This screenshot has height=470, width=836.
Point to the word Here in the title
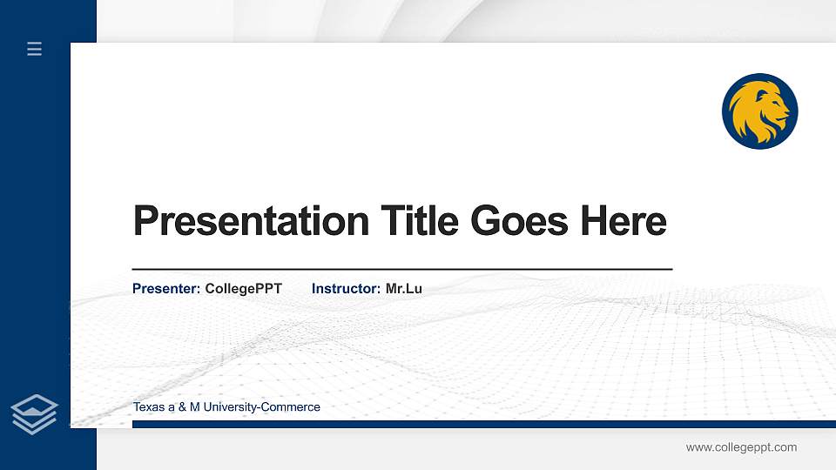(624, 221)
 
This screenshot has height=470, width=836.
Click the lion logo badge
(759, 111)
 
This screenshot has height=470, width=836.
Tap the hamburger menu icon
(35, 49)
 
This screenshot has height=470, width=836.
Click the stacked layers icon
(34, 413)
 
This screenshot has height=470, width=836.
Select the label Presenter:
(166, 288)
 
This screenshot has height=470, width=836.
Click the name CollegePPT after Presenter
(243, 288)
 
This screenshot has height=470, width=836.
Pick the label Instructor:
(346, 288)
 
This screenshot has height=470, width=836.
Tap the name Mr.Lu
(404, 288)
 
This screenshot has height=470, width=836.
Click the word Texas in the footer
(148, 407)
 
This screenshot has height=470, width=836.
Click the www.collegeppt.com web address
(741, 447)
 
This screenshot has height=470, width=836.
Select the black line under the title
(401, 270)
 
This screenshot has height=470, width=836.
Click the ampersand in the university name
(183, 407)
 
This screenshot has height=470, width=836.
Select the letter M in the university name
(195, 407)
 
